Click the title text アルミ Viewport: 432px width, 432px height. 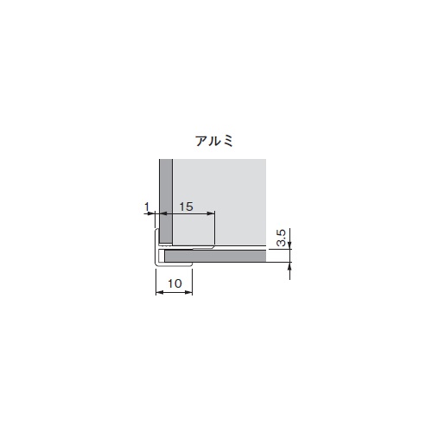coord(214,141)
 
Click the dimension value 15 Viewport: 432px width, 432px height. coord(186,206)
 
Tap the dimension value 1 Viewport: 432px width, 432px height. coord(147,206)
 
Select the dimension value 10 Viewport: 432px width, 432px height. coord(175,283)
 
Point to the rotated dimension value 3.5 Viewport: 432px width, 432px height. coord(282,238)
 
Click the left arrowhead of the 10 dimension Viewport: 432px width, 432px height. coord(159,292)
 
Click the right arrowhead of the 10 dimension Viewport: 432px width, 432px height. coord(188,292)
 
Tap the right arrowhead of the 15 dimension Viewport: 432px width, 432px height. coord(211,213)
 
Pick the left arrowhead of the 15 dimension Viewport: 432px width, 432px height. coord(163,213)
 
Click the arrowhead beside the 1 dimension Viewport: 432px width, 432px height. coord(151,213)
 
